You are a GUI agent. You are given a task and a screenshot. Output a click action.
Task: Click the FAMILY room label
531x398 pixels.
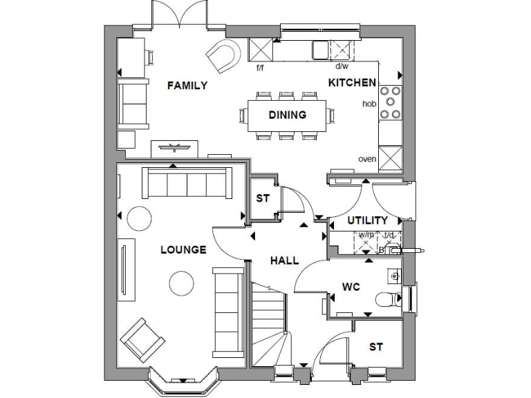click(x=187, y=86)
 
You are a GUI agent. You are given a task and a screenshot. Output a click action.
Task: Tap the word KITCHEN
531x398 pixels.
click(x=352, y=83)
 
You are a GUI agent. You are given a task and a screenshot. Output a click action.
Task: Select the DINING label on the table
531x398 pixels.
click(x=288, y=115)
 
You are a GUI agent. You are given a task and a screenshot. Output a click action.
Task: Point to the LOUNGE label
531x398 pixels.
click(x=183, y=249)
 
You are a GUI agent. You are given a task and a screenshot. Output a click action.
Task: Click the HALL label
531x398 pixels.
click(x=284, y=260)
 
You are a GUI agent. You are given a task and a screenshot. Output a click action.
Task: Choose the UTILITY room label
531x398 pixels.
click(x=367, y=220)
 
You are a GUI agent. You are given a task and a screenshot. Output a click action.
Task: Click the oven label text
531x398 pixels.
click(x=366, y=159)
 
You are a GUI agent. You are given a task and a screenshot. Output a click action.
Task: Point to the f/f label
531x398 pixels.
click(x=260, y=67)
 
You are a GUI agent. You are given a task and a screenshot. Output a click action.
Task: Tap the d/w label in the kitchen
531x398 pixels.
click(x=342, y=67)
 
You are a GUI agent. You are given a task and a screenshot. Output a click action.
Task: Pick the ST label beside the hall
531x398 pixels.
click(x=263, y=198)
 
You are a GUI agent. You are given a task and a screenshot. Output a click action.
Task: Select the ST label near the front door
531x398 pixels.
click(x=375, y=346)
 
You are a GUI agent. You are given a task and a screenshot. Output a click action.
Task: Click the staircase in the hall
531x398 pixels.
click(x=268, y=325)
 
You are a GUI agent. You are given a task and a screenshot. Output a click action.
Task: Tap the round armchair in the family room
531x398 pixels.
click(x=224, y=56)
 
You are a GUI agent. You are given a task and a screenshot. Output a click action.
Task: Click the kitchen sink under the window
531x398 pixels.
click(x=321, y=50)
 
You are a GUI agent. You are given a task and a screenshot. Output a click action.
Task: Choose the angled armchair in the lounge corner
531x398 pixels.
click(x=142, y=339)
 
